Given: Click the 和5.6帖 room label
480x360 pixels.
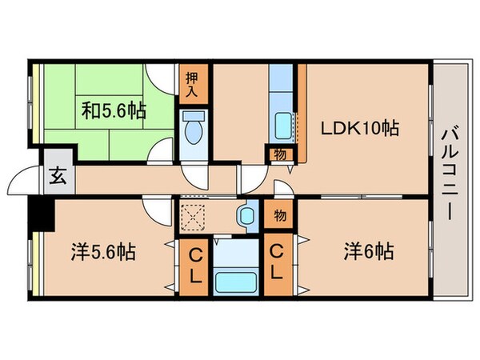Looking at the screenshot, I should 112,110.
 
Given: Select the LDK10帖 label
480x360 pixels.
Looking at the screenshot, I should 360,127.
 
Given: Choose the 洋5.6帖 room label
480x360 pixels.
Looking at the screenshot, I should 102,253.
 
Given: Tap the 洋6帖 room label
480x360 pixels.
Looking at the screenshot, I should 368,253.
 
